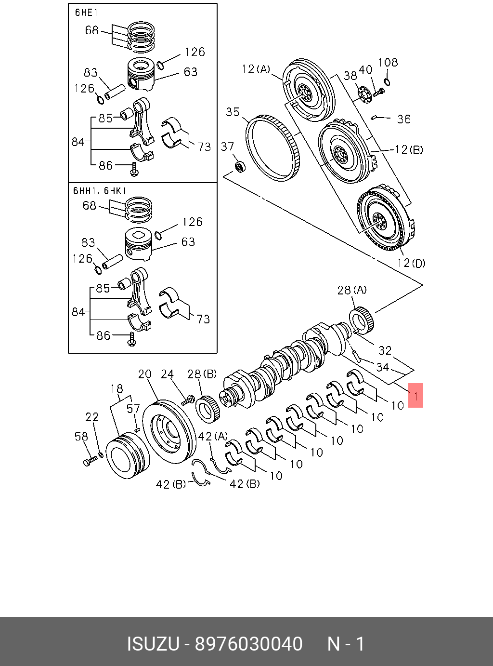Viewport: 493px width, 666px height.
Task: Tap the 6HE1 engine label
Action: point(86,13)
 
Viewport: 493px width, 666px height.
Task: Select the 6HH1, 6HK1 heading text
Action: point(100,191)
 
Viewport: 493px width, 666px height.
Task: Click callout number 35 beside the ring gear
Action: point(233,112)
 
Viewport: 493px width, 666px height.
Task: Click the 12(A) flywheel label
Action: point(256,69)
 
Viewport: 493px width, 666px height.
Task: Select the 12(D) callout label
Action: point(411,263)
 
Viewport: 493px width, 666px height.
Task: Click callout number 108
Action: point(388,62)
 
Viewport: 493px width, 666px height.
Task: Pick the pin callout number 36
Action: point(403,119)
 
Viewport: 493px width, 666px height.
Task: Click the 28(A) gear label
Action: point(351,290)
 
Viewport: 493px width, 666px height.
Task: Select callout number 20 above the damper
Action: point(144,374)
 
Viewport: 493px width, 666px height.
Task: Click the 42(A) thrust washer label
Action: point(213,436)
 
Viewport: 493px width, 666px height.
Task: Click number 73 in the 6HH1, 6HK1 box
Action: point(203,319)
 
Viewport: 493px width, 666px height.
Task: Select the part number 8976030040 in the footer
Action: point(248,644)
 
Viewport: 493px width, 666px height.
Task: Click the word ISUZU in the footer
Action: point(153,644)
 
